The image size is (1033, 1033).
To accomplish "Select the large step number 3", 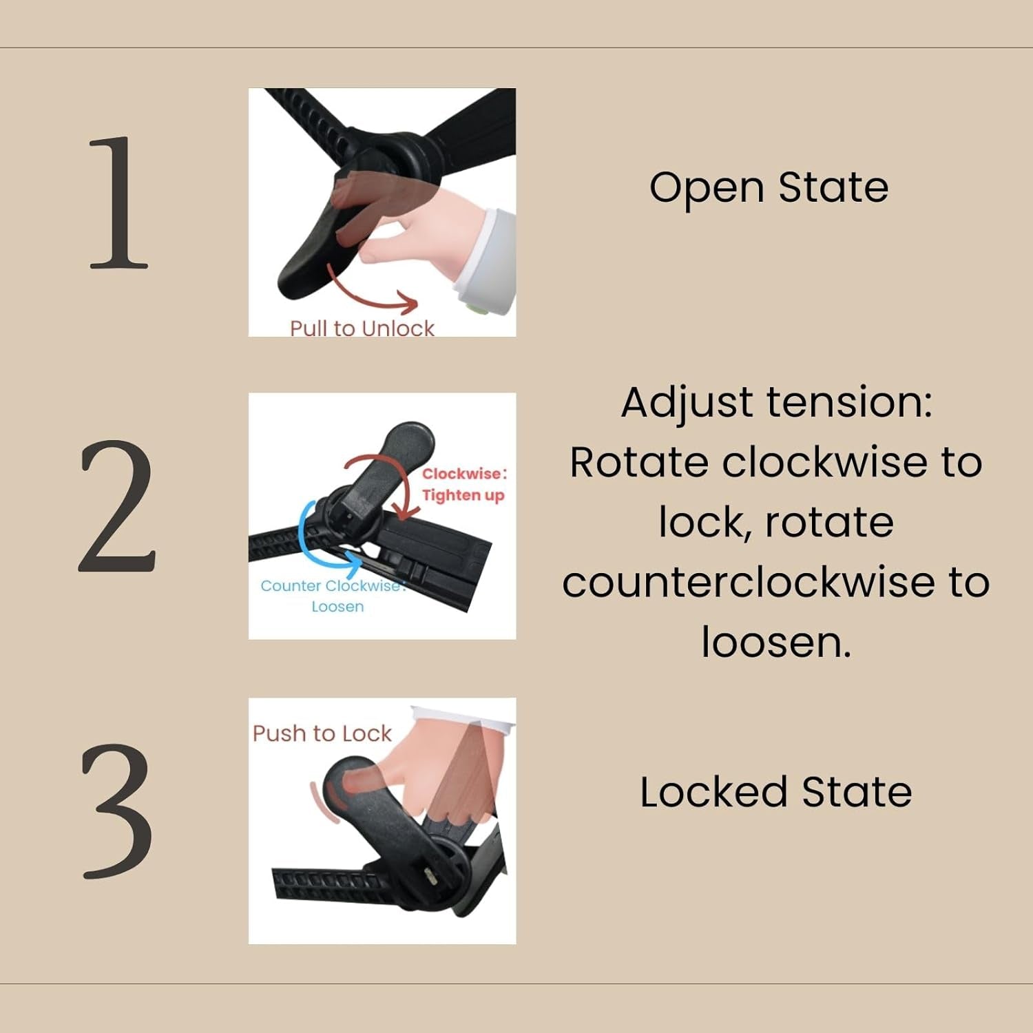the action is (x=117, y=811).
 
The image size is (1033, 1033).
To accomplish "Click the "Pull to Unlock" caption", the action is (x=362, y=328).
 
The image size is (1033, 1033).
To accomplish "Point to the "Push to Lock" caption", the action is (x=322, y=733).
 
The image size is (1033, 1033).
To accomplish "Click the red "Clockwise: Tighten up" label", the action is (x=463, y=484).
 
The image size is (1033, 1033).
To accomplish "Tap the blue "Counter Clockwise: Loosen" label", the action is (x=333, y=596).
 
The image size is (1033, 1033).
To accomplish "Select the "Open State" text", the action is (x=769, y=187).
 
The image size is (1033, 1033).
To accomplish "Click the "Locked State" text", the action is (x=776, y=792).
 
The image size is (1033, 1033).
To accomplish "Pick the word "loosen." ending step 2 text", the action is (x=776, y=643).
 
